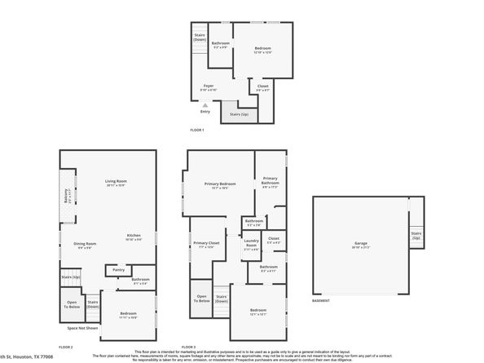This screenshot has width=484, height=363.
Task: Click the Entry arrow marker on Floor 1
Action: coord(206,104)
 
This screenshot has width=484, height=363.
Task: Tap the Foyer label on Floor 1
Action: coord(209,86)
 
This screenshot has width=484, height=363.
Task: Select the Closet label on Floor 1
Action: coord(263,86)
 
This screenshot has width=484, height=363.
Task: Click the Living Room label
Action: coord(117,182)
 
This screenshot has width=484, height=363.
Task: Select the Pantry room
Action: coord(119,269)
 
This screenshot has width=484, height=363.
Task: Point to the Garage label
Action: coord(360,245)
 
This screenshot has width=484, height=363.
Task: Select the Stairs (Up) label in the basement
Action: coord(416,236)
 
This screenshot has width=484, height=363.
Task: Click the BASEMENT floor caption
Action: coord(322,301)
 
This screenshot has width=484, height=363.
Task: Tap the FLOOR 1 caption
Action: coord(197,131)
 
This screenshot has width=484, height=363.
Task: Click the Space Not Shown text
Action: coord(82,329)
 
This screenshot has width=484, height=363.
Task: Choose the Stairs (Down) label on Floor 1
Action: coord(200,38)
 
